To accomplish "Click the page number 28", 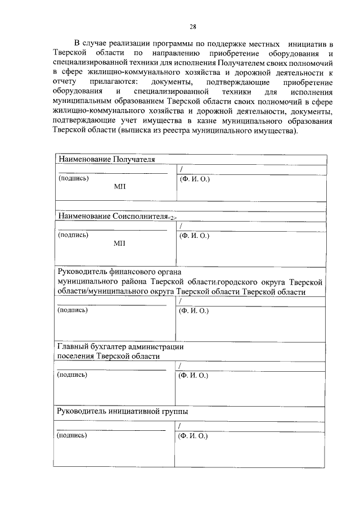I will point(192,26).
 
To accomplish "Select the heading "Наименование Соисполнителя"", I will point(113,216).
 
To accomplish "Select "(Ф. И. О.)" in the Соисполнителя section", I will point(194,235).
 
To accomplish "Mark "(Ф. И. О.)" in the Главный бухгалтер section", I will point(194,375).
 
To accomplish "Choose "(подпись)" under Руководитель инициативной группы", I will point(73,435).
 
